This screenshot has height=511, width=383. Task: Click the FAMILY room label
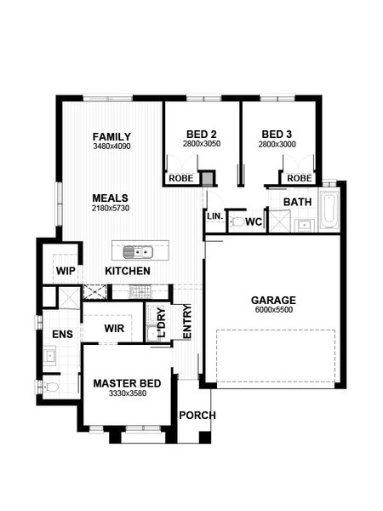pyautogui.click(x=111, y=136)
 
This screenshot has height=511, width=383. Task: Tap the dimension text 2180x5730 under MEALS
pyautogui.click(x=111, y=209)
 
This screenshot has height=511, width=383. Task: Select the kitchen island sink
pyautogui.click(x=138, y=252)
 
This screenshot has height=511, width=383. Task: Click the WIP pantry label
pyautogui.click(x=66, y=271)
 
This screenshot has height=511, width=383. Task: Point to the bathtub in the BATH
pyautogui.click(x=329, y=209)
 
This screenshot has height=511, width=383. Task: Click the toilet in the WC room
pyautogui.click(x=237, y=222)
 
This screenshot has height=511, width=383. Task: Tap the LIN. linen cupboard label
pyautogui.click(x=215, y=215)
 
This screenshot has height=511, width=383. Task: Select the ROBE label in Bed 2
pyautogui.click(x=181, y=178)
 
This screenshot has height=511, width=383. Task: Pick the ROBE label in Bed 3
pyautogui.click(x=300, y=178)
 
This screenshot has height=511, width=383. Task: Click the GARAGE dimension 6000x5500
pyautogui.click(x=274, y=310)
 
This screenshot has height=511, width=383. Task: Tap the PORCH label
pyautogui.click(x=197, y=416)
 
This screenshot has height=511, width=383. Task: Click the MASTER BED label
pyautogui.click(x=127, y=383)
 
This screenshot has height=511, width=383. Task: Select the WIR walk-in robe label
pyautogui.click(x=114, y=328)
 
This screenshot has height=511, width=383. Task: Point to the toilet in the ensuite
pyautogui.click(x=50, y=387)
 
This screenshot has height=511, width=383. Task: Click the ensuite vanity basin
pyautogui.click(x=49, y=354)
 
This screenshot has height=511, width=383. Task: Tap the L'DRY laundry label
pyautogui.click(x=162, y=322)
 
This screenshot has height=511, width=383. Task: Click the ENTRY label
pyautogui.click(x=187, y=322)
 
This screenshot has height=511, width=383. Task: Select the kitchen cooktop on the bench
pyautogui.click(x=140, y=291)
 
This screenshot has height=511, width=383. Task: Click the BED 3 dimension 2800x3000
pyautogui.click(x=277, y=144)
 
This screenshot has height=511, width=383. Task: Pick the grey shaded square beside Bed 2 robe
pyautogui.click(x=207, y=179)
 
